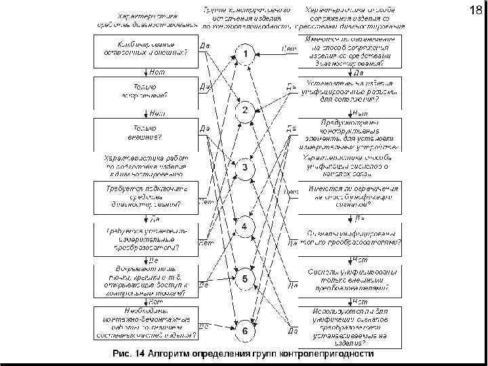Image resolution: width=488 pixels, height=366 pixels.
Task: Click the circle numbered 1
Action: pos(245,54)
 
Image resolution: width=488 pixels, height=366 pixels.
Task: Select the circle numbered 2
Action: pos(245,110)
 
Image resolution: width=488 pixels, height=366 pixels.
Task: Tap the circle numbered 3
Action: pos(245,167)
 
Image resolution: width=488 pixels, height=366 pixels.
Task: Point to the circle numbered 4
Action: pos(245,224)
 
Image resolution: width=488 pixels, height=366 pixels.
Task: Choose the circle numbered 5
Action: pos(245,279)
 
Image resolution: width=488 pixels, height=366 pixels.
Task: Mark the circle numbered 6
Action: pos(245,331)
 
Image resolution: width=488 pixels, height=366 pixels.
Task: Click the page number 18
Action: pos(475,11)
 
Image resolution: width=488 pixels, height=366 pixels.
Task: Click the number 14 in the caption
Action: pos(140,354)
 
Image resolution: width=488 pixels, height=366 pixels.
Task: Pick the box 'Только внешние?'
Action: pos(145,131)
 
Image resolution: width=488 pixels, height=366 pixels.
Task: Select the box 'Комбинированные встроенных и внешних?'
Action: pos(145,49)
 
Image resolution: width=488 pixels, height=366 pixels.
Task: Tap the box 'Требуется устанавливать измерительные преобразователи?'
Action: pos(145,239)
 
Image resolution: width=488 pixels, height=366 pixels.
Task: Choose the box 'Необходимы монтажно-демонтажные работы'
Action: pos(145,322)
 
